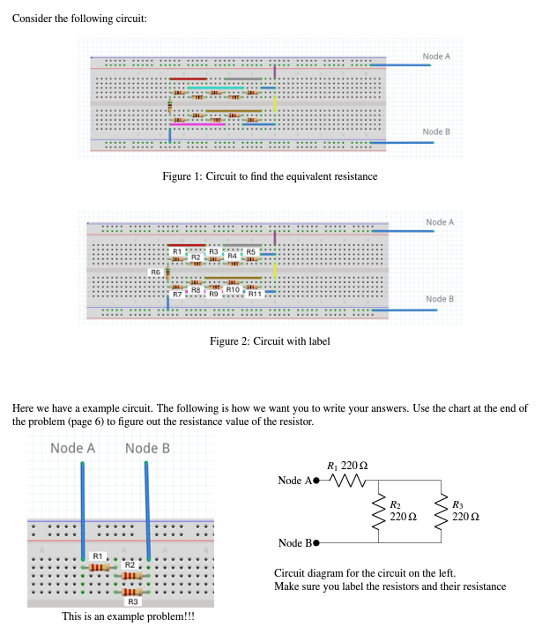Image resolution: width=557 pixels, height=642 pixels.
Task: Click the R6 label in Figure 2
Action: (155, 272)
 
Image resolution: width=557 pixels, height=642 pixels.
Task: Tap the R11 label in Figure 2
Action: (254, 294)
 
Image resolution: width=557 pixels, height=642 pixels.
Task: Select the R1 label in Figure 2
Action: (176, 252)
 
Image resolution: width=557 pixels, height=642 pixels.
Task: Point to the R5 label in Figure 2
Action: (250, 252)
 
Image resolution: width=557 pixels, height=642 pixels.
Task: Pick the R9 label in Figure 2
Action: (213, 293)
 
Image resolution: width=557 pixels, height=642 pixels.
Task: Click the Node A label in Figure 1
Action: (436, 56)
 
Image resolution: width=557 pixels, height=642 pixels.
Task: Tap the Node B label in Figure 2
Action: (439, 299)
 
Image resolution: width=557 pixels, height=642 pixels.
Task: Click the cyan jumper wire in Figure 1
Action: (215, 87)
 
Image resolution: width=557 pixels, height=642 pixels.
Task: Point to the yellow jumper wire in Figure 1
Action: (276, 104)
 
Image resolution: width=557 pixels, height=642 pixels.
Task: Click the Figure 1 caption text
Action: (270, 176)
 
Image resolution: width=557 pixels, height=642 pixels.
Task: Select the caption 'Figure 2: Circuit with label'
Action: (270, 341)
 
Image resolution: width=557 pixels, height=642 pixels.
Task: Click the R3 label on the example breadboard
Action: (133, 601)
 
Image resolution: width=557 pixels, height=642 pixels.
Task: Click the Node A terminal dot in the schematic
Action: (317, 481)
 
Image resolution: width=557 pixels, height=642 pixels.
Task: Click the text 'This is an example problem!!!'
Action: (128, 617)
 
